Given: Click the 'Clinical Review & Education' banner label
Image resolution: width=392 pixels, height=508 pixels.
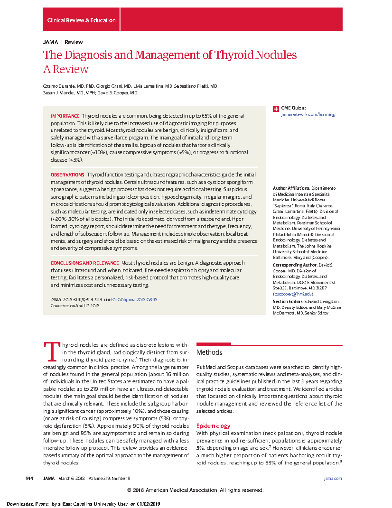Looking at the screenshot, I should pos(81,20).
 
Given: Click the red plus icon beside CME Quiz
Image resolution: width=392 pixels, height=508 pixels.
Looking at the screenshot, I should pos(276,109).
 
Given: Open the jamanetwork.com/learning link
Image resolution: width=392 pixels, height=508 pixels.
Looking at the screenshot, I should pos(307,114).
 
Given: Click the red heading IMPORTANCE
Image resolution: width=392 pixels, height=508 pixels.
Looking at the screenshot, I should pos(65,116).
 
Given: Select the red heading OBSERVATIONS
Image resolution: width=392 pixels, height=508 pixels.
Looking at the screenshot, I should pos(67,175).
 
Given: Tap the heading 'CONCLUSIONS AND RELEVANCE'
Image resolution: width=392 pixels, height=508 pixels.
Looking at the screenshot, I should pos(85,263).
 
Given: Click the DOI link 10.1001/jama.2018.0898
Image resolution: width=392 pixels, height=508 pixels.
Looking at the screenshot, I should pos(134,299).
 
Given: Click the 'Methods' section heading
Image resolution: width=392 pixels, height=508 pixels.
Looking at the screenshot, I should pos(209,352).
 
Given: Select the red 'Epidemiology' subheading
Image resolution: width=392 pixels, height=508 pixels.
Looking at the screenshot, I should pos(213,426).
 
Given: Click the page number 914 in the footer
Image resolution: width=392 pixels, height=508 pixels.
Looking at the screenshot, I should pos(29,478).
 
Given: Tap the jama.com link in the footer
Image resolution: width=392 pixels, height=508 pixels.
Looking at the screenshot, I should pos(333,478).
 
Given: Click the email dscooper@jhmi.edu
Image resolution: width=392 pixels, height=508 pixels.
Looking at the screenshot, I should pos(293,294).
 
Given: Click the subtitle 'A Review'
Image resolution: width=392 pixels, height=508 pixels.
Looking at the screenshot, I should pos(66,69).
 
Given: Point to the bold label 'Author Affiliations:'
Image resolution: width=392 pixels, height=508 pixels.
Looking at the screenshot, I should pos(291,188).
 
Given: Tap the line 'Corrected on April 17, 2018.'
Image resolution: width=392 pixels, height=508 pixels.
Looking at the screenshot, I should pos(75,306).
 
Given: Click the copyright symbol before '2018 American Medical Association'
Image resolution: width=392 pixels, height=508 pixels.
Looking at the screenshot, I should pos(129,490).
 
